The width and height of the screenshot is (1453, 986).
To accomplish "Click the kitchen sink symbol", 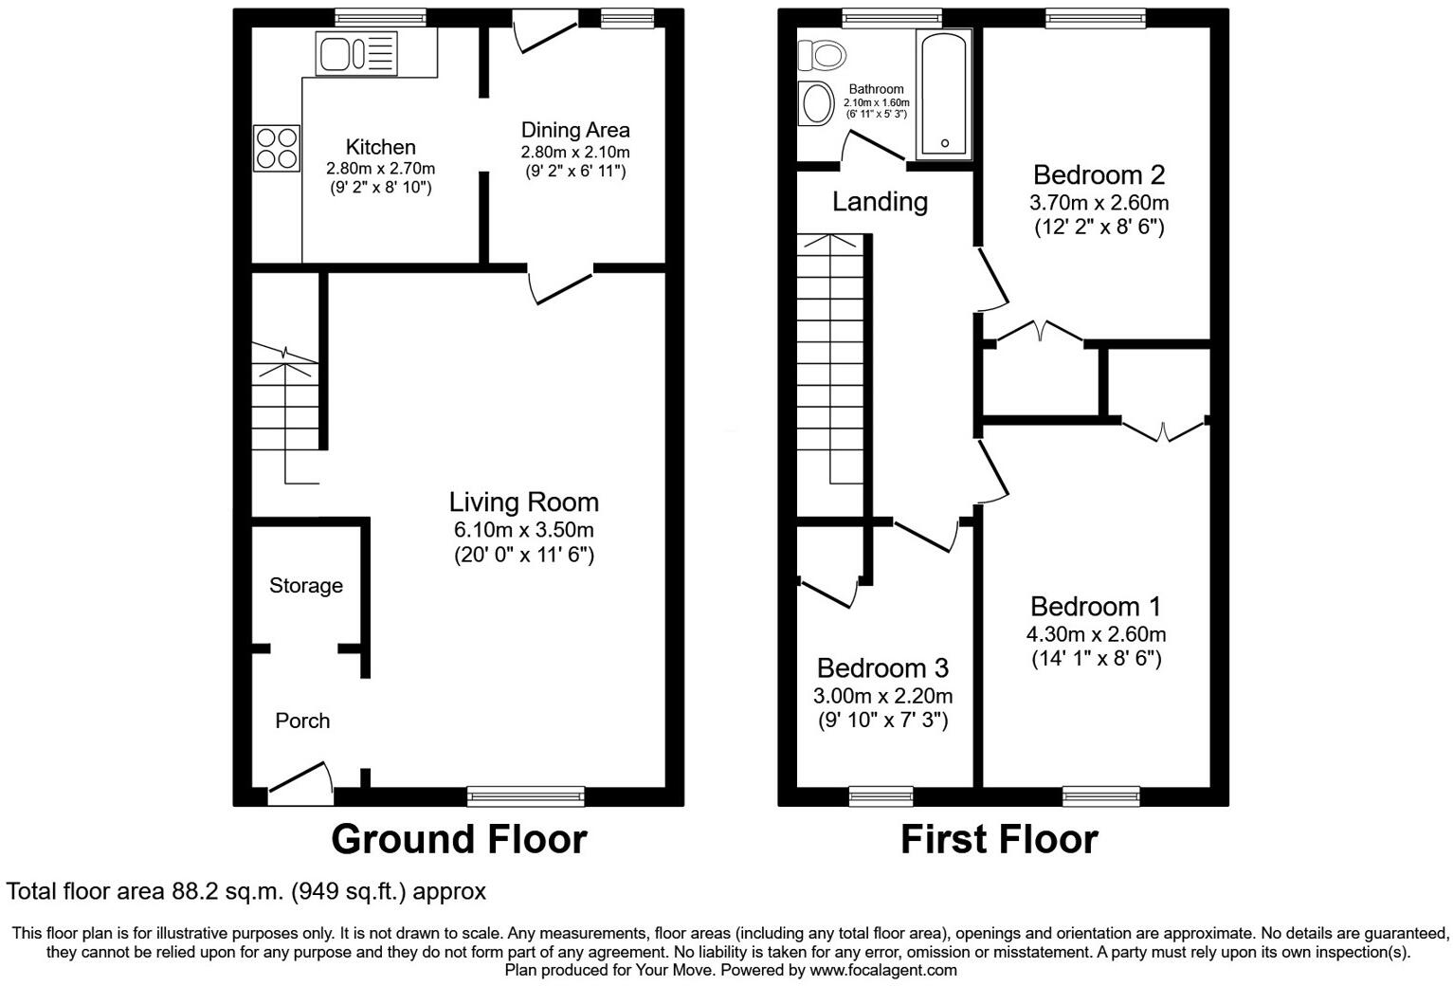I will point(357,52).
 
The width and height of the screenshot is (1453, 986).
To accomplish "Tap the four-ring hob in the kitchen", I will point(277,149).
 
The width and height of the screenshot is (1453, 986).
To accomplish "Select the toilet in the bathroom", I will point(822,56).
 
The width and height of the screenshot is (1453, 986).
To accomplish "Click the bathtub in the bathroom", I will point(943,93).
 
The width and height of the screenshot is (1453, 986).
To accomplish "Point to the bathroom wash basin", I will point(815,103).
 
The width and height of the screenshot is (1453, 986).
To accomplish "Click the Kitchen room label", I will point(380,147).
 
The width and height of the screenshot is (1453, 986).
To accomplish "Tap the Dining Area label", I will point(574,130).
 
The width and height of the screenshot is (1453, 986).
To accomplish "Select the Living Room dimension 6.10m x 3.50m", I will point(523,530).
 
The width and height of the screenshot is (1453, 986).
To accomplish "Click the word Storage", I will point(305,586).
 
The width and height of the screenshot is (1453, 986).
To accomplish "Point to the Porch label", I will point(302,721).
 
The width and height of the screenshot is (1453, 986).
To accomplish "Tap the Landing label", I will point(880,201).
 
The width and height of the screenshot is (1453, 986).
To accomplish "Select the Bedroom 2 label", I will point(1099,174).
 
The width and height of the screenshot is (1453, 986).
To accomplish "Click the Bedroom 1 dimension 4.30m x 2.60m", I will point(1097,634).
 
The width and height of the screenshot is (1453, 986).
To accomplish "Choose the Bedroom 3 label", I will point(882,668).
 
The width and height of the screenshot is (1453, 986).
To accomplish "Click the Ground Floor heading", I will point(459,839).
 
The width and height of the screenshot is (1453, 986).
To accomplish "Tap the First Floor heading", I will point(998,839).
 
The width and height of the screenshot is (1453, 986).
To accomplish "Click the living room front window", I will point(526,796).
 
